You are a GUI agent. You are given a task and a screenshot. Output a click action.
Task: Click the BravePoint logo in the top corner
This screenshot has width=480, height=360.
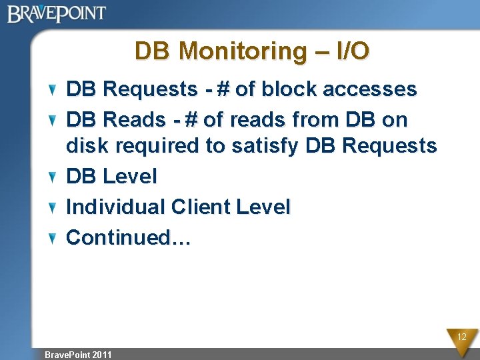point(57,13)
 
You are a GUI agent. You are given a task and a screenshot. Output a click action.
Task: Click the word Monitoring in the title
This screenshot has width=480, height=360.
point(243,51)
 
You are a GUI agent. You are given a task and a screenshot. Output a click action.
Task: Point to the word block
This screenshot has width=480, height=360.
point(289,89)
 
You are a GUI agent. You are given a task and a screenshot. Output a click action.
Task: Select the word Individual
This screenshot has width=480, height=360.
point(115,207)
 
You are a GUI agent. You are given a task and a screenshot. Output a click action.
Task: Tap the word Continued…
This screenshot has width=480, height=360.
point(129,237)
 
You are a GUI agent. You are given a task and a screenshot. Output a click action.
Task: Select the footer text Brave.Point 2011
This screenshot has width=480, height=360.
point(77,355)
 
